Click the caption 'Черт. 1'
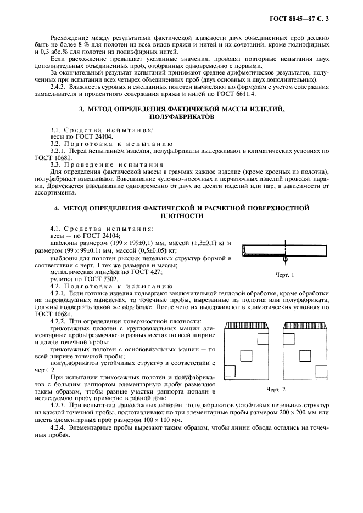(284, 275)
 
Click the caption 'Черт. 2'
(284, 389)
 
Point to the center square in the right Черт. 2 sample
(305, 356)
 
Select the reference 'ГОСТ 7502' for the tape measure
(104, 279)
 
